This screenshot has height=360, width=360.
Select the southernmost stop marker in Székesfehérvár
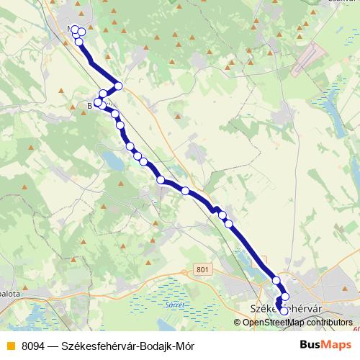pyautogui.click(x=284, y=311)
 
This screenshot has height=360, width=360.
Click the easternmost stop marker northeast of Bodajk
pyautogui.click(x=119, y=86)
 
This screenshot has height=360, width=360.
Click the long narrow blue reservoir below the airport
pyautogui.click(x=330, y=108)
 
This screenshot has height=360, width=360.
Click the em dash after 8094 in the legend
pyautogui.click(x=53, y=346)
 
